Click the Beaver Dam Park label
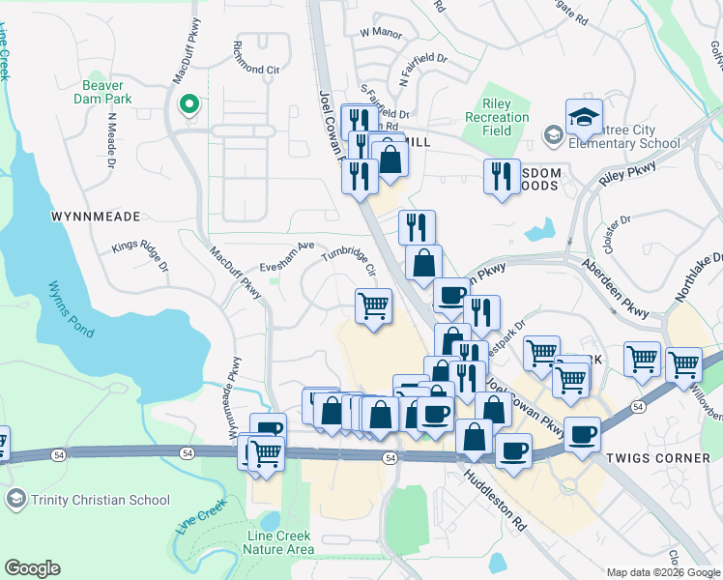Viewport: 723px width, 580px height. (x=109, y=90)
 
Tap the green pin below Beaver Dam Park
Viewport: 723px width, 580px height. (x=190, y=104)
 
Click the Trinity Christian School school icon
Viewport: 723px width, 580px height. (x=15, y=500)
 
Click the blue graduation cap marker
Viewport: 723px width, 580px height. (x=584, y=118)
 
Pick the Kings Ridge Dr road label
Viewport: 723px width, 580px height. (x=140, y=253)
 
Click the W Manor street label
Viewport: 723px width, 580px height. (x=380, y=32)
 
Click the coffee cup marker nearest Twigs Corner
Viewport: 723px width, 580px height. (x=583, y=434)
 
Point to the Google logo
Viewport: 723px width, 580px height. (x=32, y=568)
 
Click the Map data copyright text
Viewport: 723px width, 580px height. (x=662, y=572)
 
